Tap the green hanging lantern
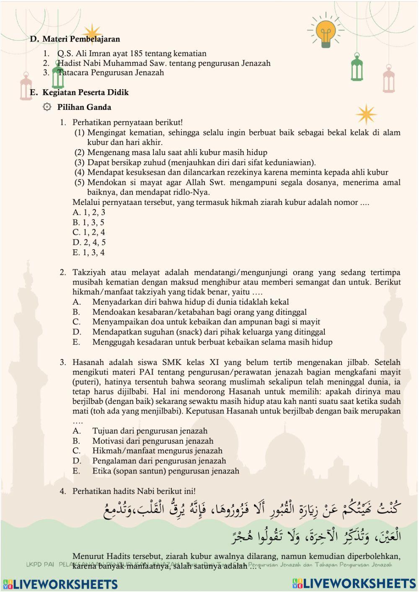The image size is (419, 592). (357, 68)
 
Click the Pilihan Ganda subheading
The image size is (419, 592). (84, 107)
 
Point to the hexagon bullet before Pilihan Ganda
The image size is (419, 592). (47, 107)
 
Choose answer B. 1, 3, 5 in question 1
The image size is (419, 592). (88, 222)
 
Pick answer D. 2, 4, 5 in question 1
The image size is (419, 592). (89, 242)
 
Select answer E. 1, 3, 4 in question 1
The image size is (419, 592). (88, 252)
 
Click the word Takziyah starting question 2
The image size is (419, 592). (89, 272)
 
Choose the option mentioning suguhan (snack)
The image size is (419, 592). (209, 332)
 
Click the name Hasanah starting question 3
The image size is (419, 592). (88, 362)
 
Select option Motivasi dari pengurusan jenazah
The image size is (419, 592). (153, 441)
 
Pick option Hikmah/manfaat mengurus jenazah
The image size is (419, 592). (157, 451)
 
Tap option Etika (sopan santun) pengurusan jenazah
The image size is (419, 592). (166, 471)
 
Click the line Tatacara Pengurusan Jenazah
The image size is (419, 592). (111, 72)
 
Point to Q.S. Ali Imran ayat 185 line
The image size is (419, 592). (132, 53)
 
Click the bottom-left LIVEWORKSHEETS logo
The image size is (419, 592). (60, 584)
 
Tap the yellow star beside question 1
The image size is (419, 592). (366, 114)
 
